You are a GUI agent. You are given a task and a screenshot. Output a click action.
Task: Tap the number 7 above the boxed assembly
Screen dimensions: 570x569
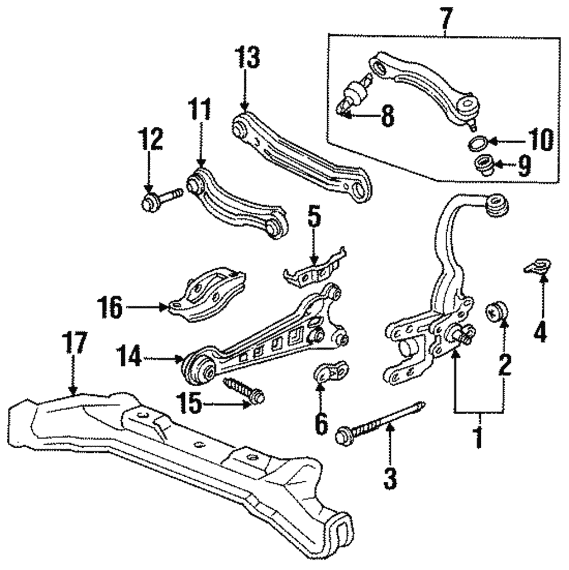pos(445,19)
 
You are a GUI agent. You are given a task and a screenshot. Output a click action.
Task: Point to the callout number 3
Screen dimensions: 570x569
pos(390,478)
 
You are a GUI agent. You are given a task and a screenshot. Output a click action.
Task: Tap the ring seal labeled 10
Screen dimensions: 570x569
pos(475,142)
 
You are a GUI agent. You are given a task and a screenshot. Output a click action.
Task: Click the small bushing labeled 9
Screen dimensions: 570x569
pos(483,166)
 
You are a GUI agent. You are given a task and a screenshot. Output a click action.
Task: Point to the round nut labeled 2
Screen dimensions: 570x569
pos(497,312)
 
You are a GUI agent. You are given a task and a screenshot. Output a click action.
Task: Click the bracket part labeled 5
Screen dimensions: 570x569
pos(314,271)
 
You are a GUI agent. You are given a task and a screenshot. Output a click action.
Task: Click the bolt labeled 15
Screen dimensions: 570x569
pos(245,389)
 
